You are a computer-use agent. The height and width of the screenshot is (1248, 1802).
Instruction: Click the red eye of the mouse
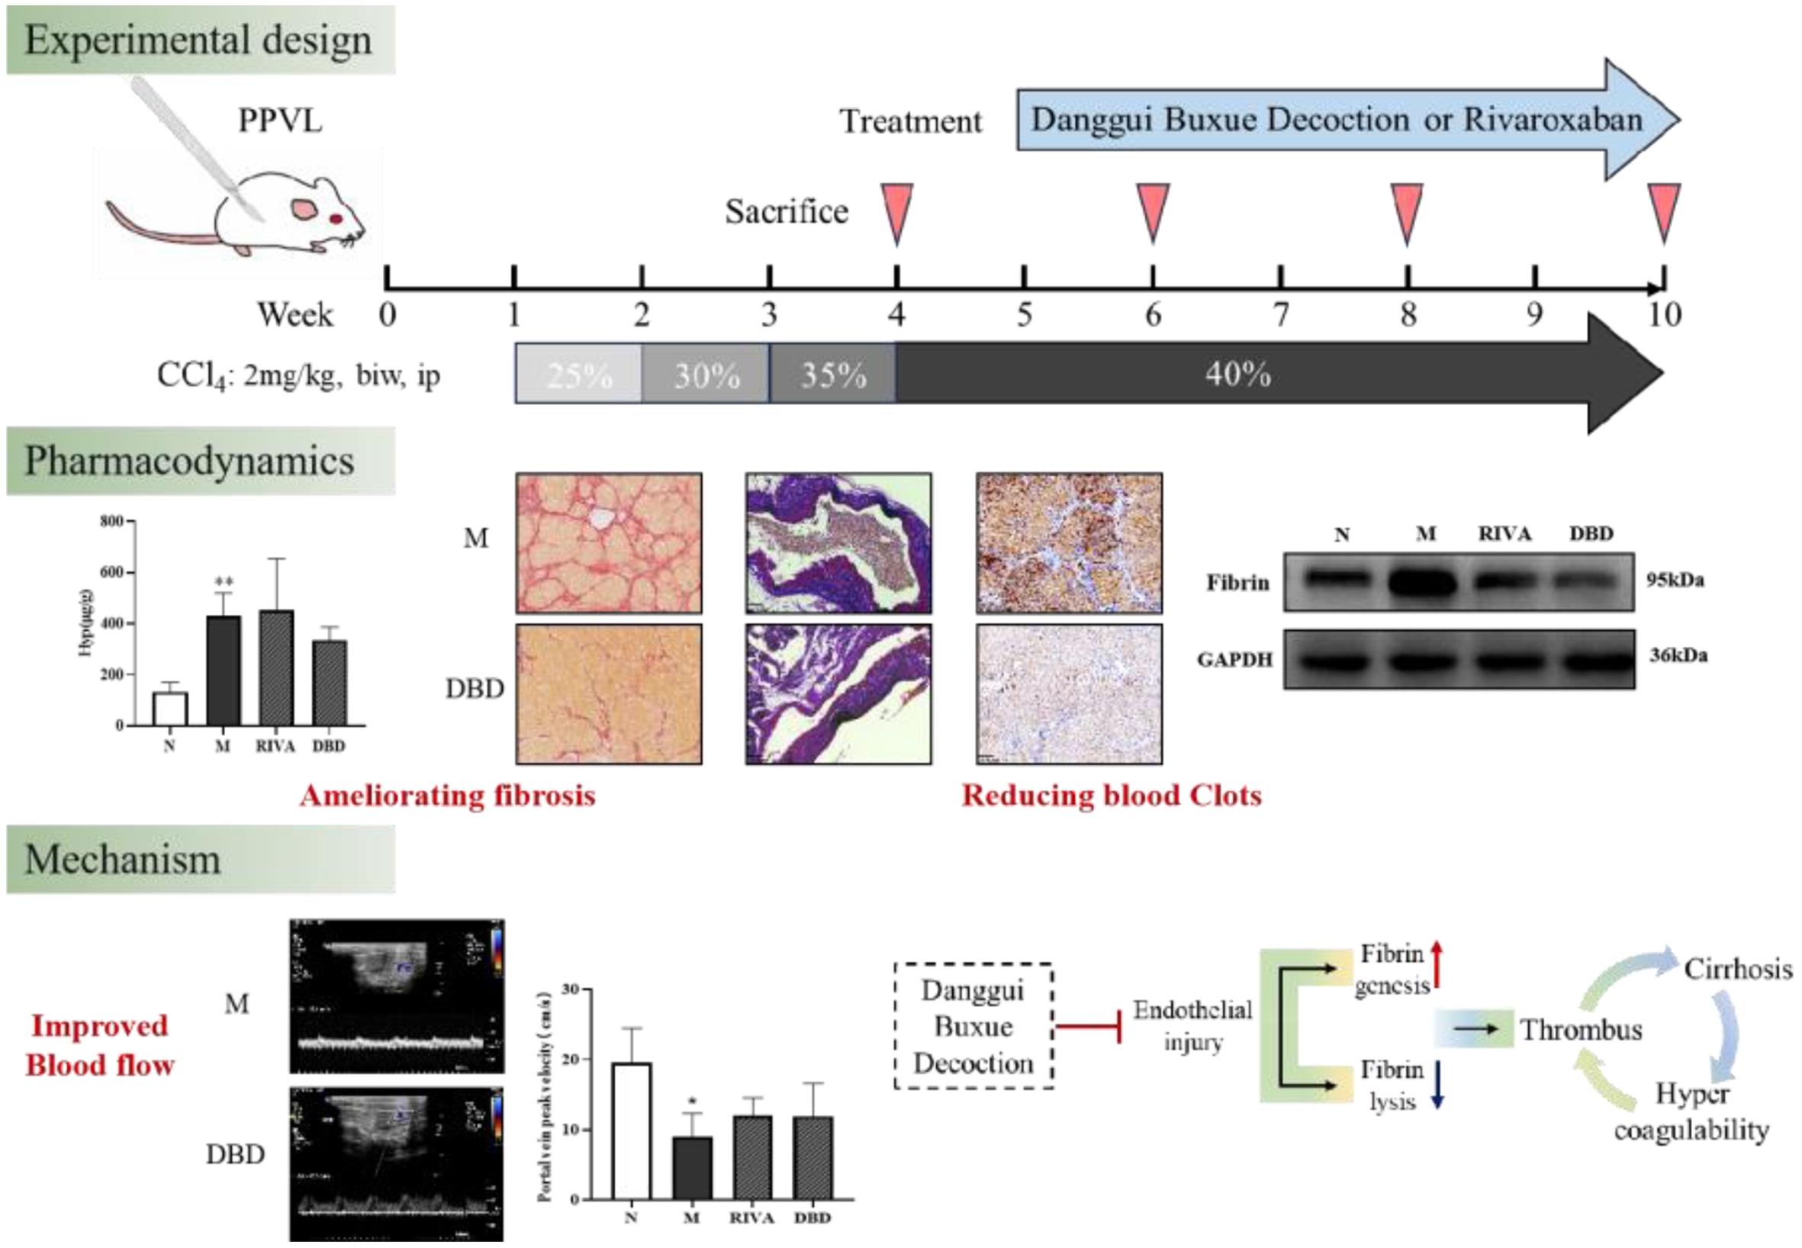point(336,218)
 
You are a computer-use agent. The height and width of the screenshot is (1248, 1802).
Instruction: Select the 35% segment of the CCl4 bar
point(833,375)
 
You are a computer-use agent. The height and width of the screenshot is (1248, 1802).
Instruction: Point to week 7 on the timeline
point(1280,314)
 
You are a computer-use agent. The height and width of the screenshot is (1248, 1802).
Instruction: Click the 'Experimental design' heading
point(198,40)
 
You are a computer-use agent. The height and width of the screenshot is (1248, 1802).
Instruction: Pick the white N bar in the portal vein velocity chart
point(631,1131)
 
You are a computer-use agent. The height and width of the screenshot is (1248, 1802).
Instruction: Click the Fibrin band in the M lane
point(1425,584)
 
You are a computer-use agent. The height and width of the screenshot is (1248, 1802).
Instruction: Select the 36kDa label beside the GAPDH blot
point(1678,655)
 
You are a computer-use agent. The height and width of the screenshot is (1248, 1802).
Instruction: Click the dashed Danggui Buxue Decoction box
point(973,1027)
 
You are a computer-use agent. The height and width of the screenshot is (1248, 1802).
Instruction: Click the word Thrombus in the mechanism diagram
point(1581,1030)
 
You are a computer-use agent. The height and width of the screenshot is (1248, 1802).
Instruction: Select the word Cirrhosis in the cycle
point(1738,970)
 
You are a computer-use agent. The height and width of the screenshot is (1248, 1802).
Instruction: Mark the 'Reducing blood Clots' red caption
point(1111,795)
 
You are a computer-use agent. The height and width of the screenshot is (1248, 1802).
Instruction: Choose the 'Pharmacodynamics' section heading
point(190,462)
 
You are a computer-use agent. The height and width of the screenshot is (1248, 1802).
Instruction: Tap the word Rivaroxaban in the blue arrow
point(1552,120)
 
